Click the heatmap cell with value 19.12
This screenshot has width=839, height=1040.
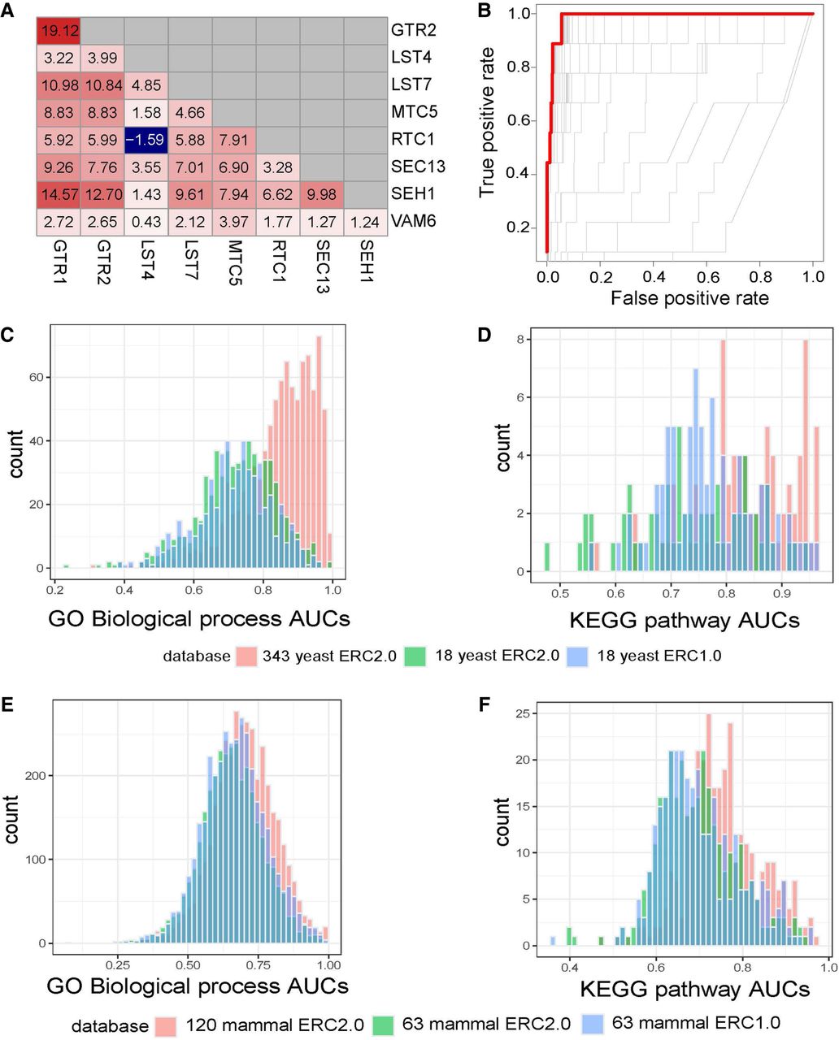(x=58, y=31)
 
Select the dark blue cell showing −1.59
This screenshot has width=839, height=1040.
(x=146, y=140)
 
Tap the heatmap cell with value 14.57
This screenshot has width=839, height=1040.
(x=58, y=194)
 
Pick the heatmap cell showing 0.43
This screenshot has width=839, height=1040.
(x=146, y=221)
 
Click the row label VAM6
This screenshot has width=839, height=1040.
(x=415, y=221)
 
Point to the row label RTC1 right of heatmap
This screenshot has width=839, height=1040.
(x=415, y=140)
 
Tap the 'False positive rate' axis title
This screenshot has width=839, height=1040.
(x=689, y=298)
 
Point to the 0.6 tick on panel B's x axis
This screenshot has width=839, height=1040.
(x=706, y=276)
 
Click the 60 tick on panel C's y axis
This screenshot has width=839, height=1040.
(x=36, y=377)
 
